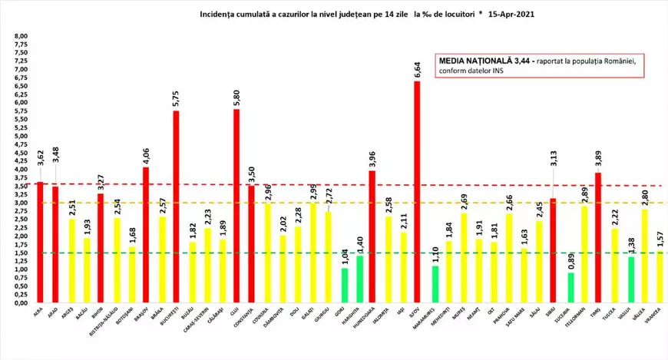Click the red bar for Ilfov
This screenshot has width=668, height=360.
(x=417, y=192)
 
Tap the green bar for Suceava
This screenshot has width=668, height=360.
(x=569, y=287)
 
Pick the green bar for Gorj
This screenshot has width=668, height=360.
(x=344, y=285)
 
